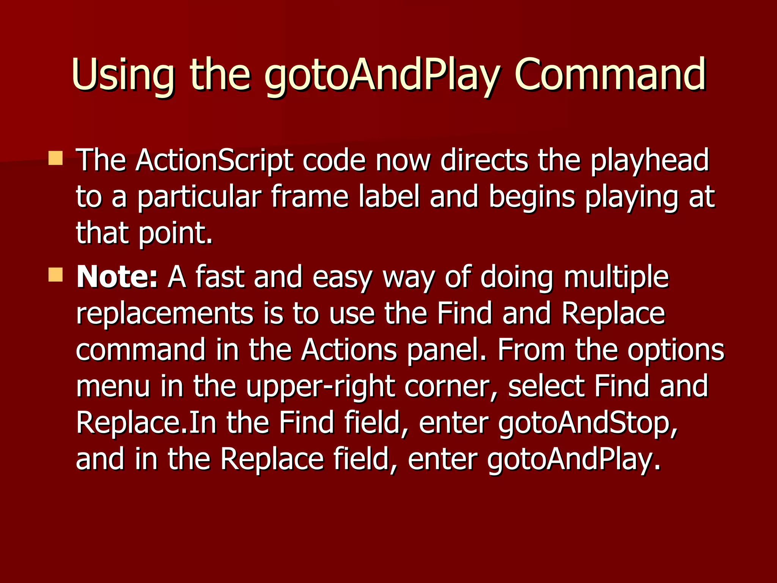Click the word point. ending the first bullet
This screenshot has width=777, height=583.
(175, 233)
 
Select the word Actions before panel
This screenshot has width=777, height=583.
(349, 350)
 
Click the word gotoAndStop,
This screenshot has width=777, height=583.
(588, 423)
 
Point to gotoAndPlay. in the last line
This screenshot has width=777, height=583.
(574, 459)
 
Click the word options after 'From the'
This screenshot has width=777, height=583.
(676, 350)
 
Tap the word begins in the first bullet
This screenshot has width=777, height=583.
(532, 197)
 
